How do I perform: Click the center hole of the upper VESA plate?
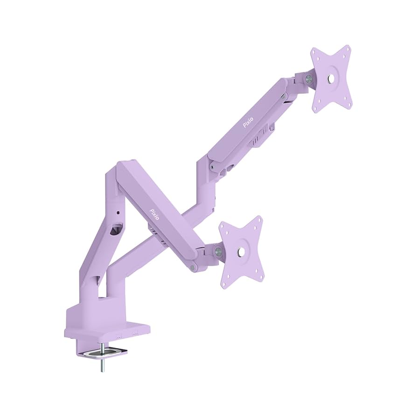[331, 79]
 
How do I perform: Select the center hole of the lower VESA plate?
[241, 252]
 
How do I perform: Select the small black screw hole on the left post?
[118, 213]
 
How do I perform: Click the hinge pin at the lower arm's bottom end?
[193, 268]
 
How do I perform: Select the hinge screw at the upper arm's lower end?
[212, 165]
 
